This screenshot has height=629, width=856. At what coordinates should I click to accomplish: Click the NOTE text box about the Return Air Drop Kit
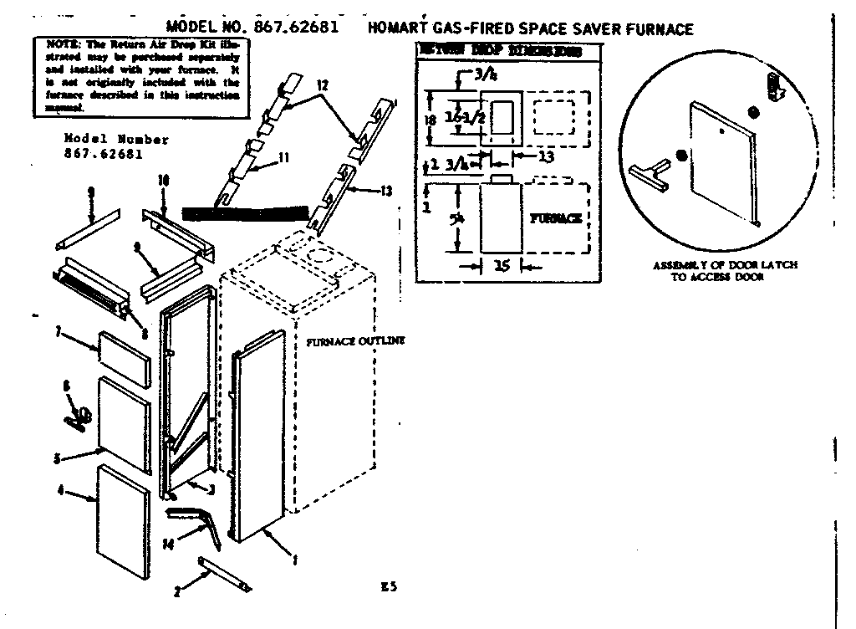pyautogui.click(x=139, y=74)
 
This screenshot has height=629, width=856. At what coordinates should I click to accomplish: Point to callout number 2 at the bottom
pyautogui.click(x=177, y=592)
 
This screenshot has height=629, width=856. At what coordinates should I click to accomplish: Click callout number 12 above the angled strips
pyautogui.click(x=323, y=86)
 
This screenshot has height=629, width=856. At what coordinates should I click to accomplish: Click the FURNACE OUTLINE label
pyautogui.click(x=355, y=340)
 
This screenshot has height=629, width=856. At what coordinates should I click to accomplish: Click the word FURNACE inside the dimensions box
pyautogui.click(x=555, y=218)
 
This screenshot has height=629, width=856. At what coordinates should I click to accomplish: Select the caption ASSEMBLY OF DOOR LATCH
pyautogui.click(x=725, y=264)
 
